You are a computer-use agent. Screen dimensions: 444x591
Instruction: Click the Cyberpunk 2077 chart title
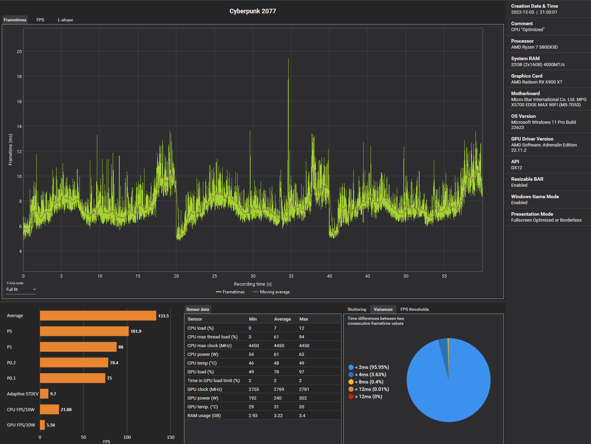point(253,11)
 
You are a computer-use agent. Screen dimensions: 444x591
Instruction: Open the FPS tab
point(40,20)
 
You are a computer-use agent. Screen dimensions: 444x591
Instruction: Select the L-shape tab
point(65,20)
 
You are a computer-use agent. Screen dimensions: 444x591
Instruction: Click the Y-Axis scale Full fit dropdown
point(21,289)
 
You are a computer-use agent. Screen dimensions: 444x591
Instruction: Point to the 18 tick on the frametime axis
point(19,76)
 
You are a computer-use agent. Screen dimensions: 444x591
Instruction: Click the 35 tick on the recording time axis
point(291,276)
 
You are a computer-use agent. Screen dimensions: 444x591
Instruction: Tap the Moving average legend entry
point(272,292)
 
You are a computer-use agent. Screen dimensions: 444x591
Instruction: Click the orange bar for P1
point(78,347)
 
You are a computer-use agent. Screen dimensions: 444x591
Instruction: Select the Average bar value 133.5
point(163,316)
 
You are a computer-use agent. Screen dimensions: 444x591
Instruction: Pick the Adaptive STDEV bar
point(44,394)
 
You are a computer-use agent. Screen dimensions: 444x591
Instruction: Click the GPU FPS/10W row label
point(21,425)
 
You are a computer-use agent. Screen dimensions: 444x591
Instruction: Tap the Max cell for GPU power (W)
point(303,398)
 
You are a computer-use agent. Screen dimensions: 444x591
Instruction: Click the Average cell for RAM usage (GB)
point(278,415)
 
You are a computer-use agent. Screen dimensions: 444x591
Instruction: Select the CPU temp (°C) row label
point(202,363)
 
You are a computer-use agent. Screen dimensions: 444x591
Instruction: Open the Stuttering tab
point(357,309)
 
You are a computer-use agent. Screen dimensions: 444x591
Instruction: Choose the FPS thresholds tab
point(415,309)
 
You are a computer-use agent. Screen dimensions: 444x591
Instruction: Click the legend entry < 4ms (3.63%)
point(370,374)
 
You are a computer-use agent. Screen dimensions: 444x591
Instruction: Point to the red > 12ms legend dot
point(351,396)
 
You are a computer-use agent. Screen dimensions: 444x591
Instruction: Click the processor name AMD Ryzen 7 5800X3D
point(534,47)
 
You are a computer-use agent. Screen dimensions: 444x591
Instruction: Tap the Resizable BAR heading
point(527,179)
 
